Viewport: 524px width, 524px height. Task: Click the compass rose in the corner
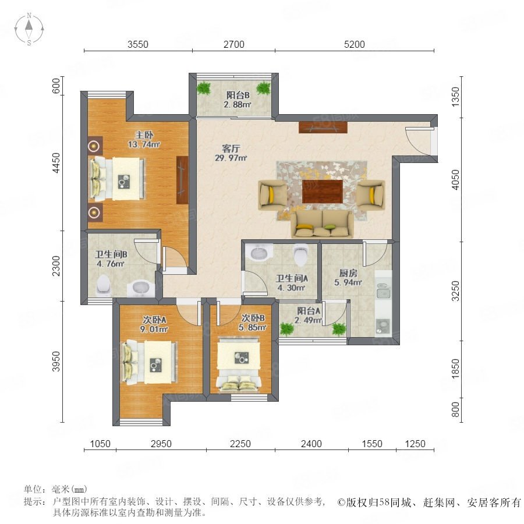[29, 29]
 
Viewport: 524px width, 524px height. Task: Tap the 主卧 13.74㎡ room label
[144, 140]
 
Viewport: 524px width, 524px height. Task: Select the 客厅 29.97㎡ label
[231, 153]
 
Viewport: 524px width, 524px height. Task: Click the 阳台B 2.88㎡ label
[238, 100]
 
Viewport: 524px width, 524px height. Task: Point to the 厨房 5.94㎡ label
[348, 278]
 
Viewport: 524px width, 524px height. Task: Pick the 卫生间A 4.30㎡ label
[292, 283]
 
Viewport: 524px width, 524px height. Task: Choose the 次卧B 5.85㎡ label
[253, 323]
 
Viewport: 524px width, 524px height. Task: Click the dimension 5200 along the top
[354, 44]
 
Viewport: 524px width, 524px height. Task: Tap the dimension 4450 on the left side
[56, 163]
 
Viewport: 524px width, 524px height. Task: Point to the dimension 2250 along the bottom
[240, 444]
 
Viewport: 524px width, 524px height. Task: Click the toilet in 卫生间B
[103, 285]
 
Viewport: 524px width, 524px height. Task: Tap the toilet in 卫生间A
[301, 254]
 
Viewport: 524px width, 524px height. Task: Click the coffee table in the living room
[322, 191]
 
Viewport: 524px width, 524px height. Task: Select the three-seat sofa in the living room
[322, 224]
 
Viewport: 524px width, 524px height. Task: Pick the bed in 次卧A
[150, 362]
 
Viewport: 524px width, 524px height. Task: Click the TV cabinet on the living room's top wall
[323, 128]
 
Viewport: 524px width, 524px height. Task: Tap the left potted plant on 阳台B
[204, 88]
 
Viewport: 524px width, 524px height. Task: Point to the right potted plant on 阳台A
[339, 329]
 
